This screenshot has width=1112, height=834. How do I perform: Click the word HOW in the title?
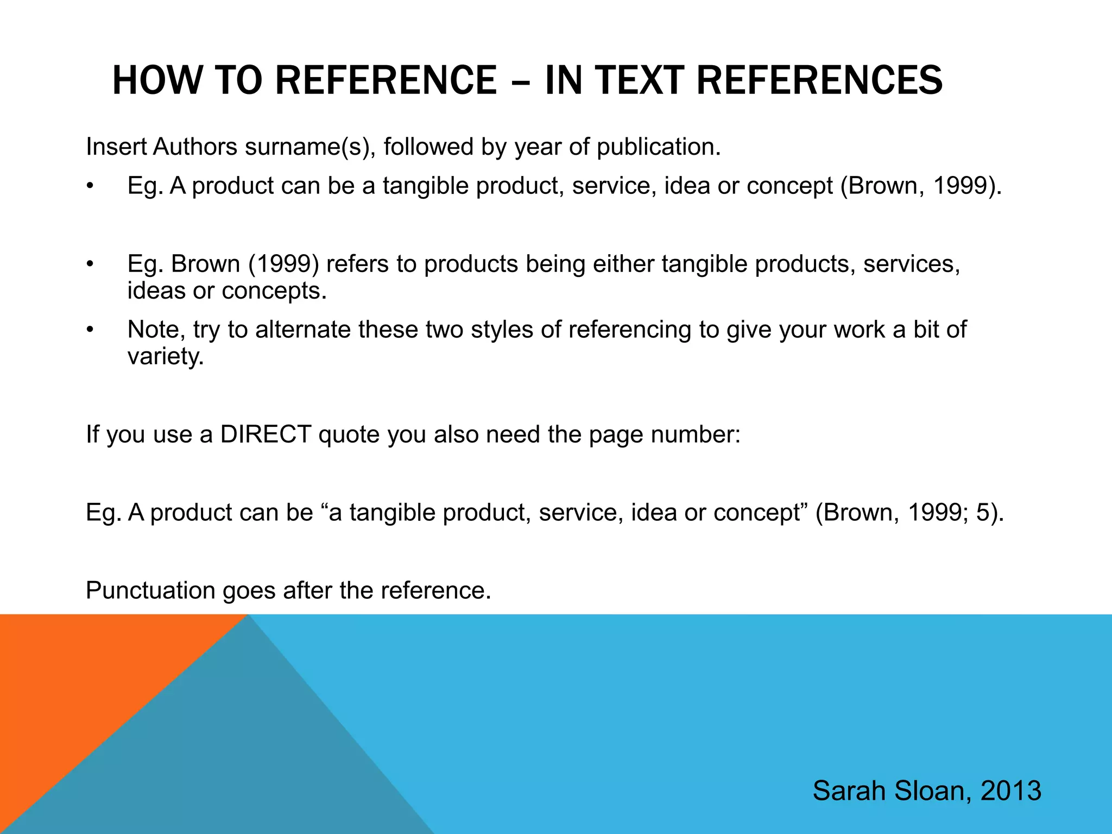coord(156,80)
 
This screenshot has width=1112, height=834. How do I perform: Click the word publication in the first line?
coord(658,147)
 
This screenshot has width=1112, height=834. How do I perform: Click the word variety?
coord(165,357)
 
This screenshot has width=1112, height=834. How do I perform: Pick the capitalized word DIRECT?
coord(265,434)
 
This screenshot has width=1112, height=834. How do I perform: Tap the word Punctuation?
coord(150,591)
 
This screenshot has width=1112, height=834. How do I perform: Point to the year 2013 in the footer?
coord(1011,791)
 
